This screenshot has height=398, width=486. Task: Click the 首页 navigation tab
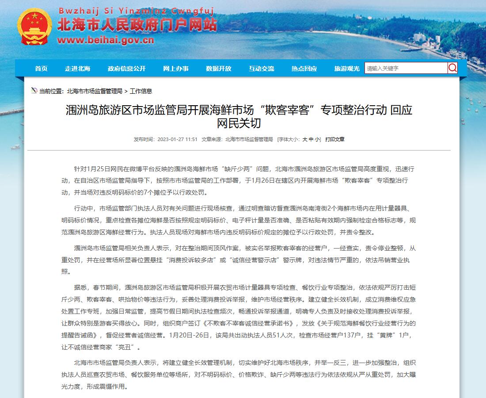pos(41,69)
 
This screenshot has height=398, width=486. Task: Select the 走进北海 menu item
pos(77,69)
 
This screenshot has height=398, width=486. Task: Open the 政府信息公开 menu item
pos(126,69)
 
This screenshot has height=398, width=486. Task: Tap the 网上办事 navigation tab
pos(175,69)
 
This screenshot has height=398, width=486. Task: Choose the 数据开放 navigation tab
pos(218,69)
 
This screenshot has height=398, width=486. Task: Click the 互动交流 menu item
pos(261,69)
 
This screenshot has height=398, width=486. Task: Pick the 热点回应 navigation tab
pos(304,69)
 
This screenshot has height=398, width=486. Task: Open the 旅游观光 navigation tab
pos(347,69)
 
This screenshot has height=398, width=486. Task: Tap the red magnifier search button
pos(452,68)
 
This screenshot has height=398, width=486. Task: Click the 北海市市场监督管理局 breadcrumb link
pos(95,91)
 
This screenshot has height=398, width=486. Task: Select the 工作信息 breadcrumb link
pos(141,91)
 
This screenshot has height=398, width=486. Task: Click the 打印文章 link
pos(335,139)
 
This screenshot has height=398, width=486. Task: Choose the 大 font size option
pos(304,139)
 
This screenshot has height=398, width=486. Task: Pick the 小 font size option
pos(318,139)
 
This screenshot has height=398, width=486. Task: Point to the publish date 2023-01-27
pos(170,139)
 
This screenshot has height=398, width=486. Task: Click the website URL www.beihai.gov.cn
pos(106,40)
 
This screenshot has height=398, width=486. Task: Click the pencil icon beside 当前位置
pos(34,91)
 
